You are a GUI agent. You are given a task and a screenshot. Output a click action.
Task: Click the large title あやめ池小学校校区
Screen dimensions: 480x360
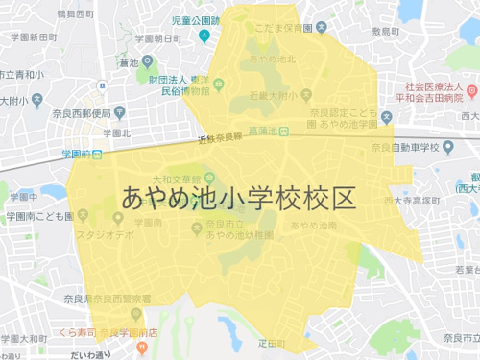(x=239, y=197)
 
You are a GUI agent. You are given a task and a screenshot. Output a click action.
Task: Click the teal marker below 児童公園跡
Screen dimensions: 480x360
(x=204, y=36)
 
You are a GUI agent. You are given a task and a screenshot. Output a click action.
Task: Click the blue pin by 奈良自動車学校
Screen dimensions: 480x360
(x=385, y=118)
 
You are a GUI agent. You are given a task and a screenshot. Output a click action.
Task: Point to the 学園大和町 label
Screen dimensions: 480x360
(x=25, y=339)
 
